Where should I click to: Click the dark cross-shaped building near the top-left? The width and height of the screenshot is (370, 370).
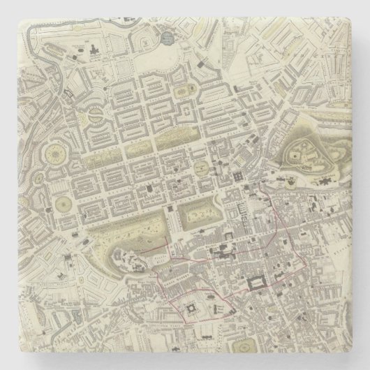click(92, 49)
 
